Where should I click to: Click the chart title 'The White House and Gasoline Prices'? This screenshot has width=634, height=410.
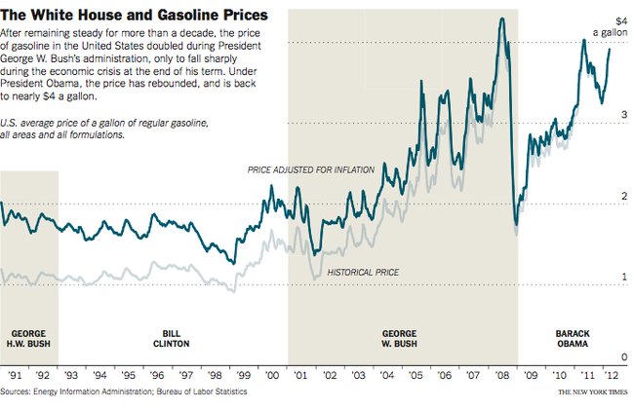(x=137, y=15)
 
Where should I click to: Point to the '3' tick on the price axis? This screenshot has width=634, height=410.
(x=624, y=115)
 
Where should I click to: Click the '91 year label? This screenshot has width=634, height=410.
(x=15, y=374)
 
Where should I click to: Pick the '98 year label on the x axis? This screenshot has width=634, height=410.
(x=218, y=374)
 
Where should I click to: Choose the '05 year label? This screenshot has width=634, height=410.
(x=417, y=374)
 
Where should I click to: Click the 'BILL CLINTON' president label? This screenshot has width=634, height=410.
(x=171, y=338)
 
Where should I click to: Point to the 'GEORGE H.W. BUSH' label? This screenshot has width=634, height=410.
(x=28, y=338)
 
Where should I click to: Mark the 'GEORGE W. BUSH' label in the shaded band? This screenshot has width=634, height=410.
(x=401, y=338)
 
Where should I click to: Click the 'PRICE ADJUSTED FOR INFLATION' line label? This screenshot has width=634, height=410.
(x=311, y=170)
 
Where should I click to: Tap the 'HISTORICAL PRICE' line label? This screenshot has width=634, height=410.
(x=364, y=272)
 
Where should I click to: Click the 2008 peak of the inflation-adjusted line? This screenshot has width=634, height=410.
(x=501, y=19)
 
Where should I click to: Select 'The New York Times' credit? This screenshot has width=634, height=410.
(x=594, y=391)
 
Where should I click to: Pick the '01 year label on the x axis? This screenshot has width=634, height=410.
(x=302, y=374)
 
